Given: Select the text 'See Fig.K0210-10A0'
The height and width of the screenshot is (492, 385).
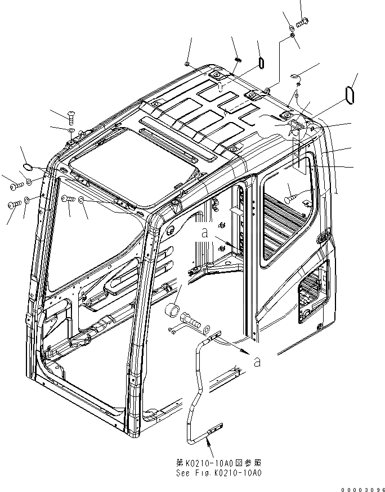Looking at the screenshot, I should coord(219,472).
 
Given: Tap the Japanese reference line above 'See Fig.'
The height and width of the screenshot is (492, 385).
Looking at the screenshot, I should coord(219,463).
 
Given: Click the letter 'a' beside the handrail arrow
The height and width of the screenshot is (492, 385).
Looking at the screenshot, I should coord(257,363).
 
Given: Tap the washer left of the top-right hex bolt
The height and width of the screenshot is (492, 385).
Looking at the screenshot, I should coord(288,28).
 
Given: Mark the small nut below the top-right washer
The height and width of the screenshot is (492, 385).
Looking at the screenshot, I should coord(293,36).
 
